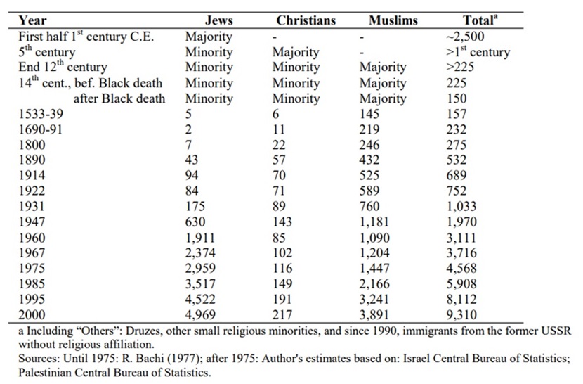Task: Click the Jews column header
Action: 218,20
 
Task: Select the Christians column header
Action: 306,20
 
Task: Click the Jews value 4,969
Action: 202,316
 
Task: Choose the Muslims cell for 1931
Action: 370,207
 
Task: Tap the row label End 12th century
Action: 62,68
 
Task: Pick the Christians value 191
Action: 282,300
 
